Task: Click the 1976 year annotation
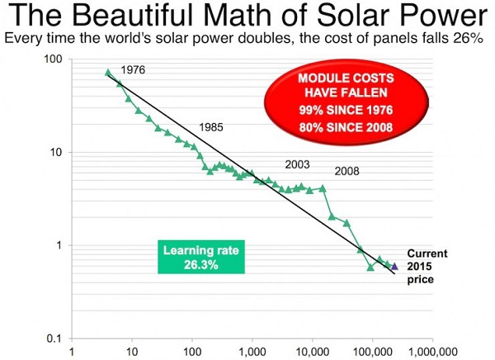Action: coord(133,70)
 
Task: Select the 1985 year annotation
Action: coord(212,128)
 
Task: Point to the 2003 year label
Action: coord(297,164)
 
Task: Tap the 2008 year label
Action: coord(348,172)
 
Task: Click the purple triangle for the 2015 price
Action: coord(395,266)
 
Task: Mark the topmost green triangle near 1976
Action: coord(108,73)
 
